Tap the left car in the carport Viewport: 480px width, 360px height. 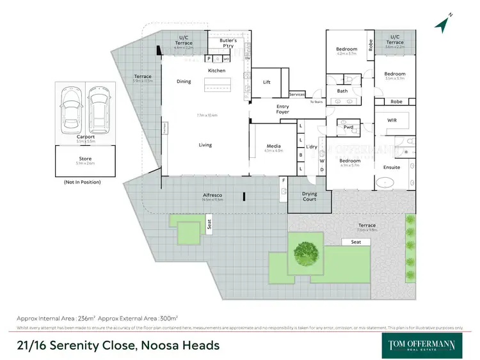coord(70,106)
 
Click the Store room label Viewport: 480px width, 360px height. coord(85,159)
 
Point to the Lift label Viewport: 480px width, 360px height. coord(267,82)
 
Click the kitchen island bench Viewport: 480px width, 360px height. coord(216,84)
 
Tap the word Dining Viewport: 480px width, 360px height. coord(184,81)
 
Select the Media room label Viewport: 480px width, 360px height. coord(273,146)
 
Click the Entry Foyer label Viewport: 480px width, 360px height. coord(282,109)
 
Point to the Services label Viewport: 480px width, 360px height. coord(297,95)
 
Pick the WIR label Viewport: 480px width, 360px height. coord(393,120)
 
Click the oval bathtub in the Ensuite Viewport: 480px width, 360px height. coord(386,182)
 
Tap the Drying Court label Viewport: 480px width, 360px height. coord(309,196)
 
